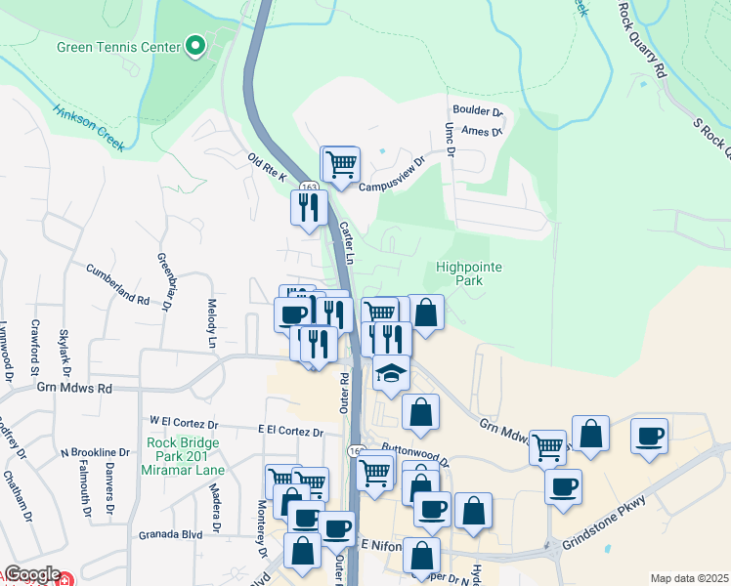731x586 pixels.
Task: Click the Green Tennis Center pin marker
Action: coord(195,46)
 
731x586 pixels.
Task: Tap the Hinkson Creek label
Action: coord(89,127)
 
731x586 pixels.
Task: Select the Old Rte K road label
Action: coord(268,167)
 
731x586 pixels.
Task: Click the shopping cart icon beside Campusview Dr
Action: coord(340,164)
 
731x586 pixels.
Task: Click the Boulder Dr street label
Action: coord(477,112)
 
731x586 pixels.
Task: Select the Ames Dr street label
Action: coord(481,131)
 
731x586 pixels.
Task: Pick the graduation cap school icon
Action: coord(390,375)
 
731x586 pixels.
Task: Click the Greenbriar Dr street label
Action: coord(163,282)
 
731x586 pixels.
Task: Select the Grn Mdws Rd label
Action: coord(75,388)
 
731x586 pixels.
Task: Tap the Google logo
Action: coord(31,574)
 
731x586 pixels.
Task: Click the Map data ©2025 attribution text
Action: coord(688,578)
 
